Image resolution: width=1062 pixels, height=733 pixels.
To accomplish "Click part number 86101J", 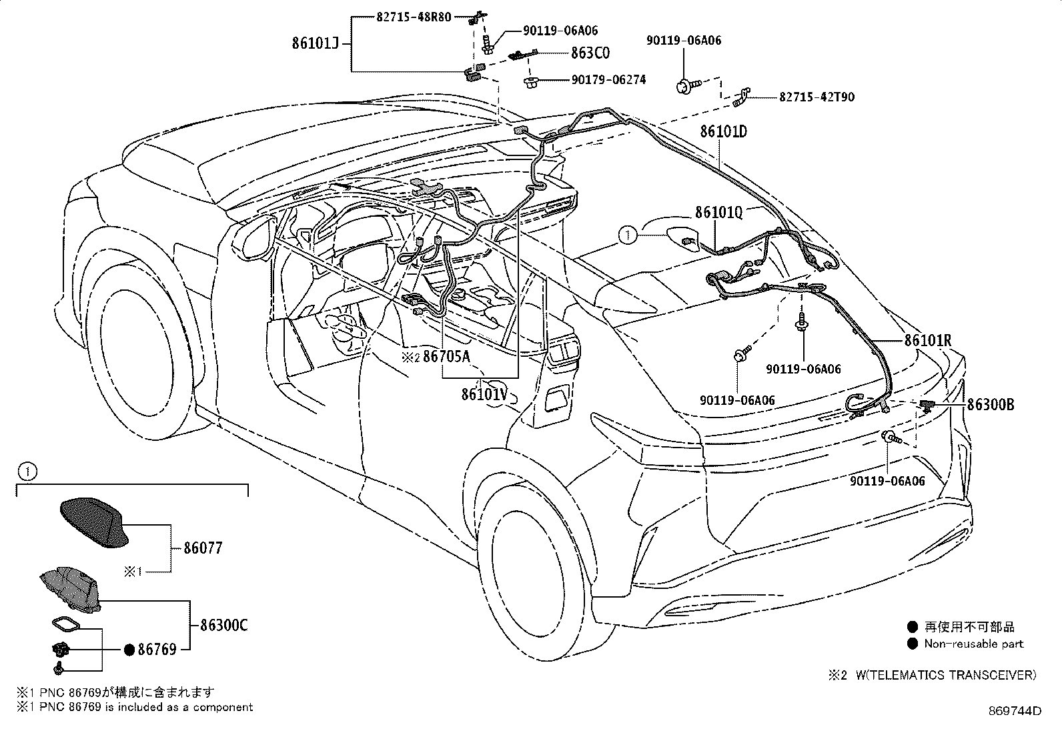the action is click(316, 43).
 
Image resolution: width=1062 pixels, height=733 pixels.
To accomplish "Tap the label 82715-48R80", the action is click(414, 17).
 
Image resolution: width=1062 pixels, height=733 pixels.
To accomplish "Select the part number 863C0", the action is click(590, 53).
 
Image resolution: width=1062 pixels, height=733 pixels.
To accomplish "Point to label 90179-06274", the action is click(609, 79).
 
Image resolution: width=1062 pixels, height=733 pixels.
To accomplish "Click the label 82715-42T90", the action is click(817, 97).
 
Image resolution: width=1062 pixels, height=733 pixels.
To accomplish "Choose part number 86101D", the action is click(724, 131).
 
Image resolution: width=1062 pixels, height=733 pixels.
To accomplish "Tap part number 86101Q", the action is click(718, 212).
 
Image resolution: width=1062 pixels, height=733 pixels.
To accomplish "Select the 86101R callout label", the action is click(928, 340).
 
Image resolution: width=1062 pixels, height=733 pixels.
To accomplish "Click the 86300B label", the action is click(991, 404).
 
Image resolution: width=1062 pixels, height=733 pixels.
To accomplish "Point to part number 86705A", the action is click(446, 356).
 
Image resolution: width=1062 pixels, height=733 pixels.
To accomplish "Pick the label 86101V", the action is click(484, 394).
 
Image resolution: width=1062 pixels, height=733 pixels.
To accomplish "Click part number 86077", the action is click(203, 548).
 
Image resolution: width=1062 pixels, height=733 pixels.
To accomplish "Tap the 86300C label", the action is click(223, 626).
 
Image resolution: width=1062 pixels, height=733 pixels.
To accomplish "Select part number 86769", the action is click(157, 650).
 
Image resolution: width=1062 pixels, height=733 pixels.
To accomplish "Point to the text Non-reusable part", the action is click(974, 644).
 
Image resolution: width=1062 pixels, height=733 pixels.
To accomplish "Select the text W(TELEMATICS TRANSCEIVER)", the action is click(946, 675).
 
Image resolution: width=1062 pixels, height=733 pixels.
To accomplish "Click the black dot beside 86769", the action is click(129, 650).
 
